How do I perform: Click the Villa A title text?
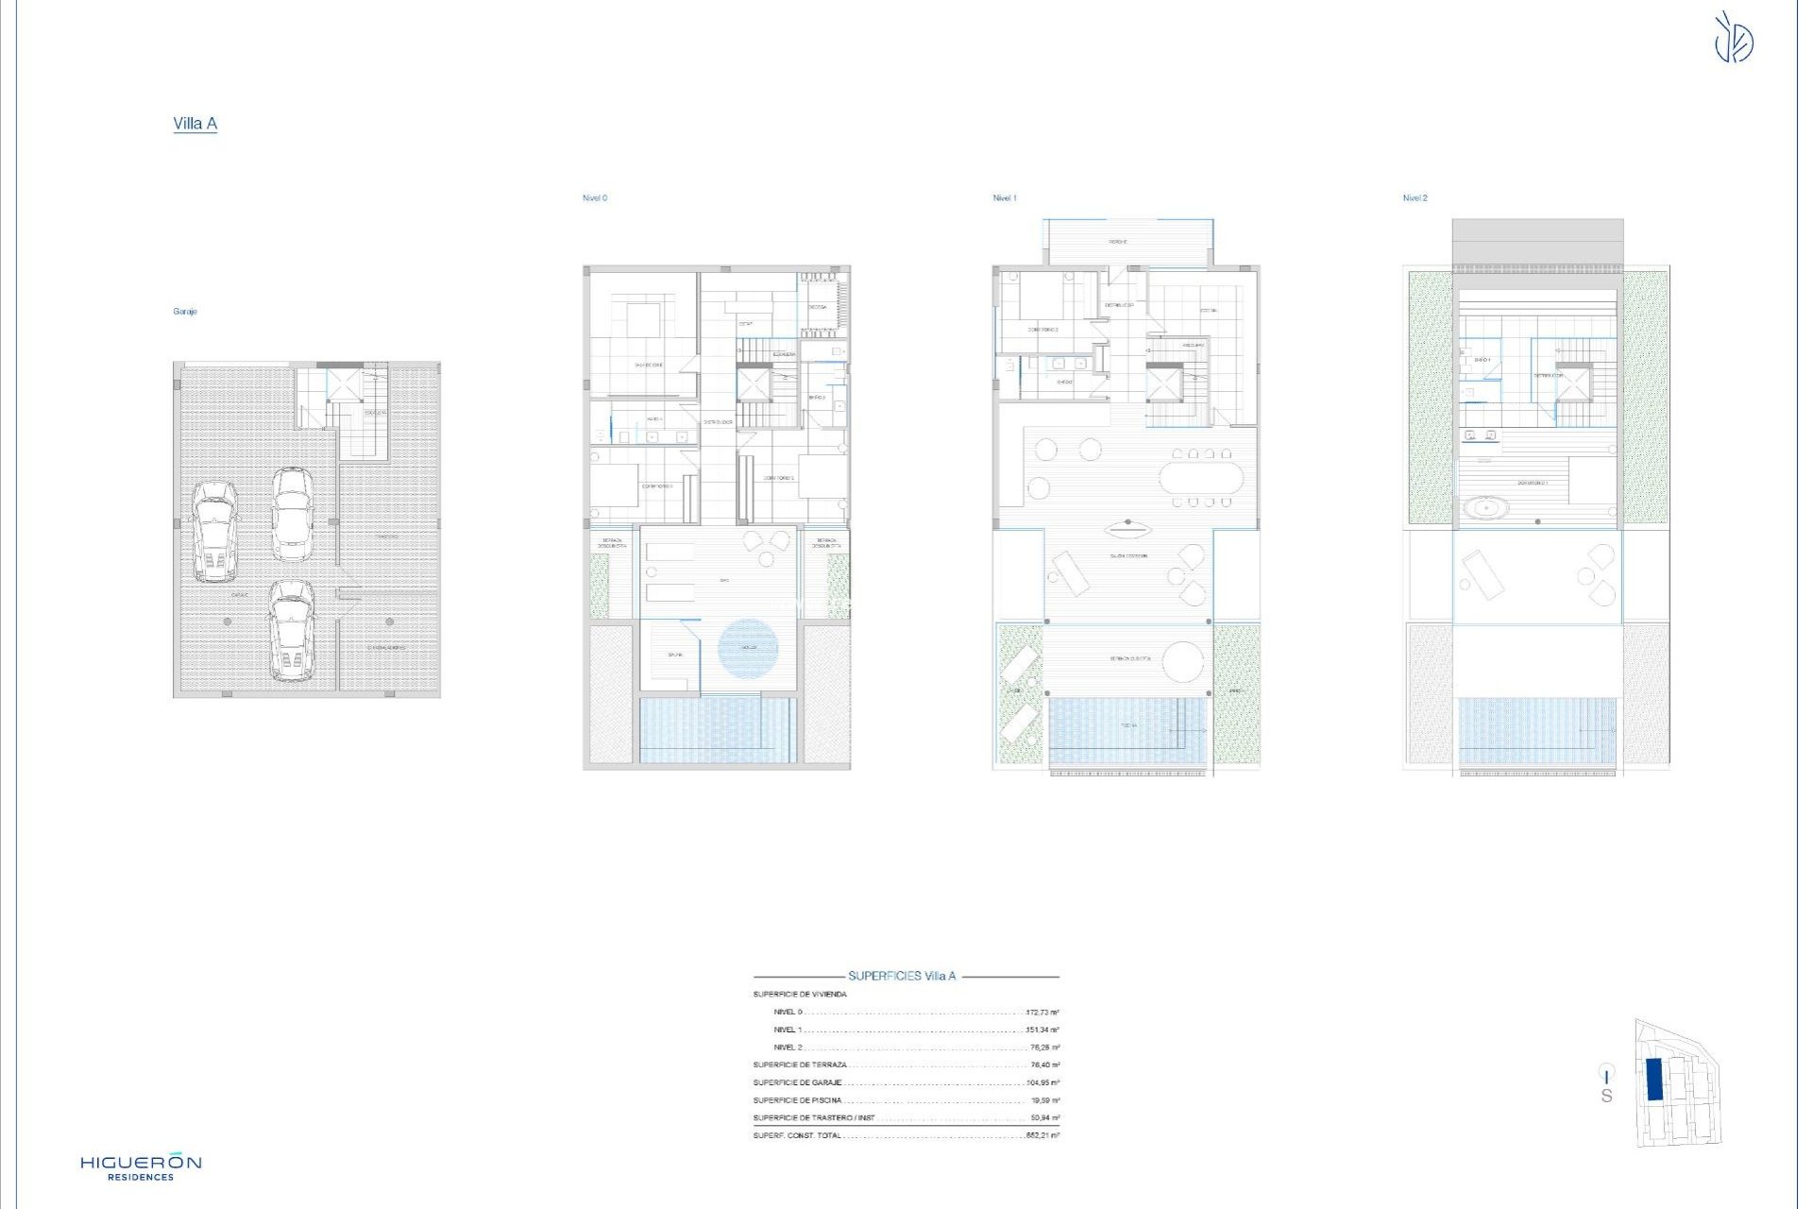(x=195, y=124)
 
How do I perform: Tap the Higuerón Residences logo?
(x=141, y=1167)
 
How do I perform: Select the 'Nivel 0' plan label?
(x=595, y=198)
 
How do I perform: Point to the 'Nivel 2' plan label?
(x=1415, y=198)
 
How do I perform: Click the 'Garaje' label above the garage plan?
(x=185, y=312)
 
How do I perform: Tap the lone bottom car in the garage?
(x=291, y=630)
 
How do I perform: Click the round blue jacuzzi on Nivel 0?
(x=748, y=647)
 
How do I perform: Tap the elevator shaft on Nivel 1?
(x=1163, y=383)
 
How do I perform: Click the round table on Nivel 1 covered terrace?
(x=1183, y=661)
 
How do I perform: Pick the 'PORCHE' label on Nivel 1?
(x=1118, y=242)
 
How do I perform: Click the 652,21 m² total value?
(x=1042, y=1135)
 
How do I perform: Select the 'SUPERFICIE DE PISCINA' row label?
(x=797, y=1100)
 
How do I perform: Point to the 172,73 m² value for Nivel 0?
(x=1042, y=1013)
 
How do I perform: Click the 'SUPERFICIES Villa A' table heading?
(x=902, y=977)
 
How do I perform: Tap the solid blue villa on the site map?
(x=1654, y=1079)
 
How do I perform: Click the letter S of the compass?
(x=1606, y=1097)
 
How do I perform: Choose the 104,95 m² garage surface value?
(x=1042, y=1082)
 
